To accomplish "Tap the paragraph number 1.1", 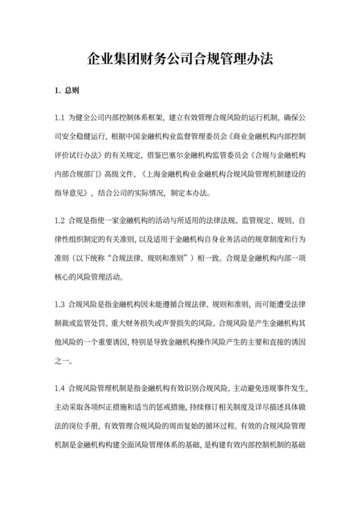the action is [x=61, y=118].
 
